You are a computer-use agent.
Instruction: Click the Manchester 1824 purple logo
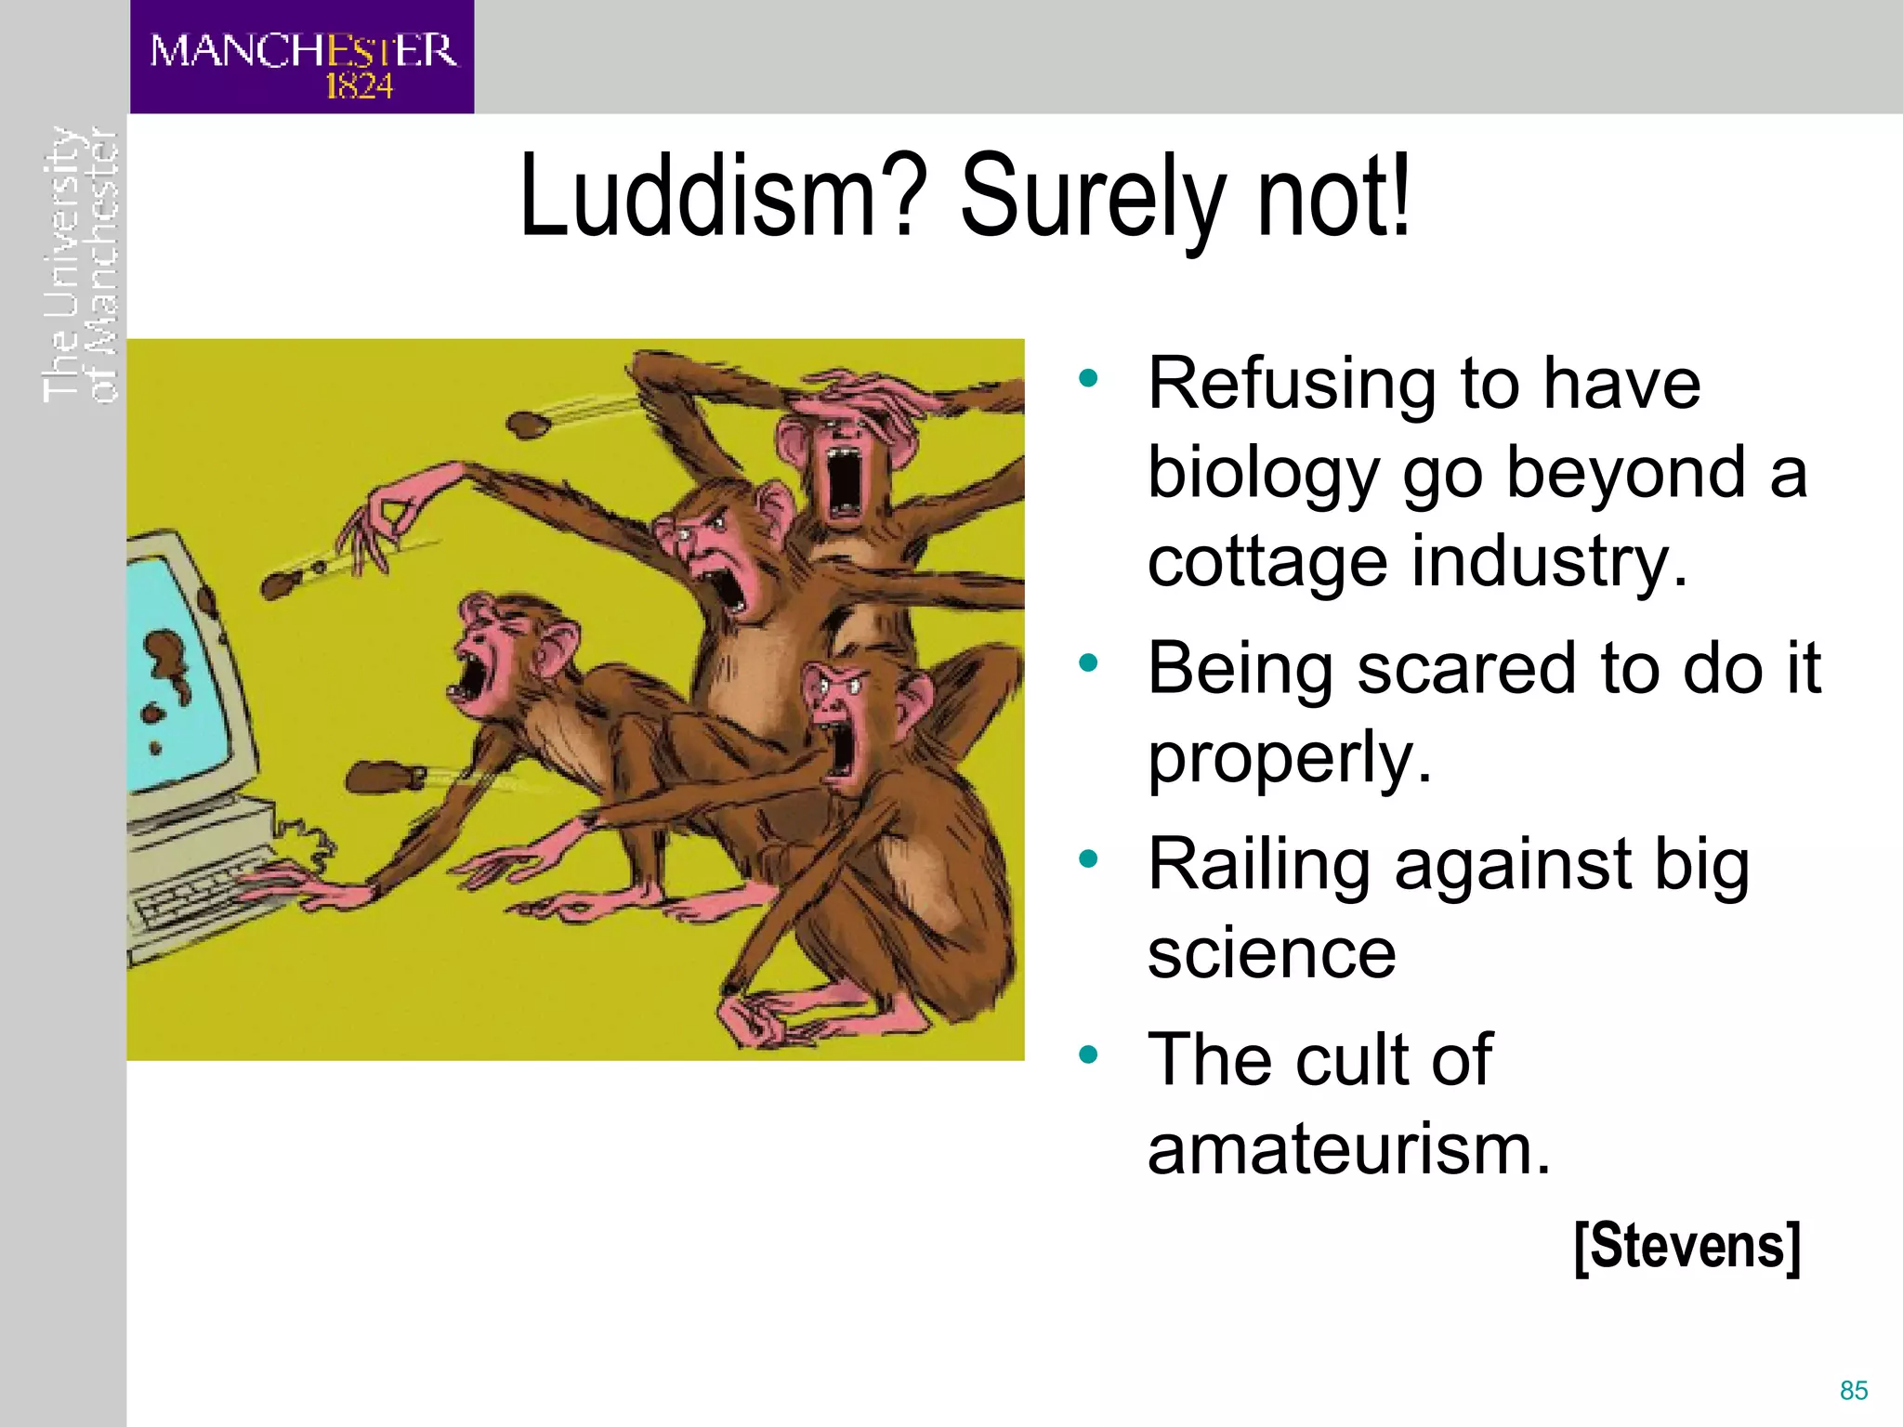[302, 58]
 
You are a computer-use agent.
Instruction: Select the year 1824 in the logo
[359, 87]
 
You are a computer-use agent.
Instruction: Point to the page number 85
[1853, 1391]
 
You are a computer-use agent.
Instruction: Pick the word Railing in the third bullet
[1259, 864]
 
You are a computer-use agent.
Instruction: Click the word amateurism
[1348, 1149]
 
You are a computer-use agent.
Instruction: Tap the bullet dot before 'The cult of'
[1088, 1054]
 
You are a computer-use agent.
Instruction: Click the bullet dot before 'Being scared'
[1088, 663]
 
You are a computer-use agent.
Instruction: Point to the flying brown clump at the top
[528, 425]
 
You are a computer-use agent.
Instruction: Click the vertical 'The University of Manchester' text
[81, 265]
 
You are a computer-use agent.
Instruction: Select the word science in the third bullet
[1271, 953]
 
